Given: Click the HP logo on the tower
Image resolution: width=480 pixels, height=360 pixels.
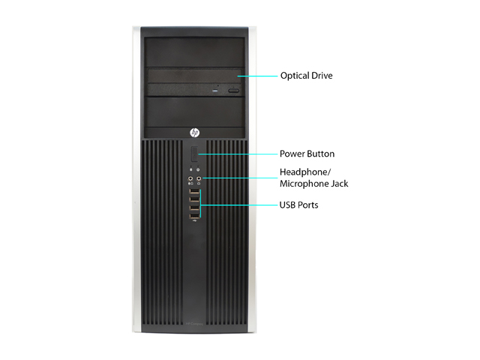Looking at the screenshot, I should (x=194, y=133).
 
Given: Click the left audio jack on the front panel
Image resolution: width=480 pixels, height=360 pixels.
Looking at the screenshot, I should (x=190, y=178).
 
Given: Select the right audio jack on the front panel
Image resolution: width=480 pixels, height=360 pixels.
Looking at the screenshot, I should (x=199, y=178).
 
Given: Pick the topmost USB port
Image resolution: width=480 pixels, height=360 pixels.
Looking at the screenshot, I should (x=194, y=191).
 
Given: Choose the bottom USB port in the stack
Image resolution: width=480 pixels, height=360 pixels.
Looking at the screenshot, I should (x=194, y=217).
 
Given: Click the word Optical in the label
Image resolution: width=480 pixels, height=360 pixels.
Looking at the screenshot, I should (x=295, y=76).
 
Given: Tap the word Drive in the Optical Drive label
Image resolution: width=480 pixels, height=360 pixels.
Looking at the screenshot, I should (x=322, y=76).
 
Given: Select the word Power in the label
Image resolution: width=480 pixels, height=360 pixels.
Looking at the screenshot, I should (x=292, y=154).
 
